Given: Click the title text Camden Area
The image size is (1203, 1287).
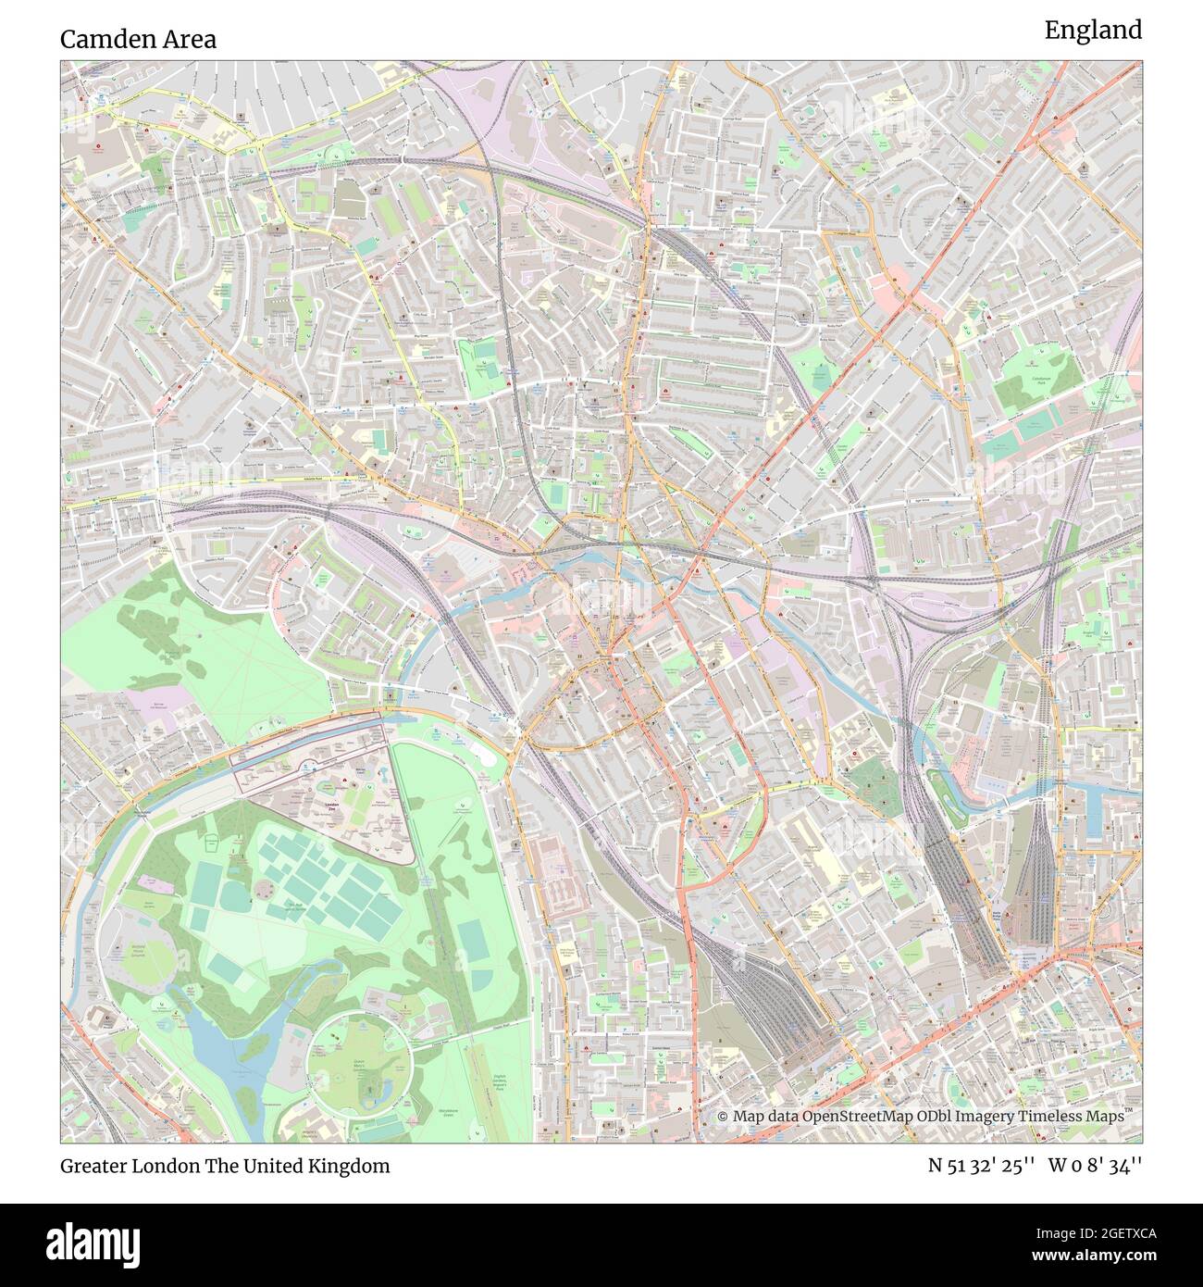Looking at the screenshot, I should (138, 39).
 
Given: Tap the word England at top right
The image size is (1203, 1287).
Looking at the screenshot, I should (1093, 31).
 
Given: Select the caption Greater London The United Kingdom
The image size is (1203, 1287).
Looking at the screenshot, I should (225, 1166).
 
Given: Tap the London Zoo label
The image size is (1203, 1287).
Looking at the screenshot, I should (334, 806).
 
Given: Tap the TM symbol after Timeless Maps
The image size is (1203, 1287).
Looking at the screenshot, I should (1130, 1112).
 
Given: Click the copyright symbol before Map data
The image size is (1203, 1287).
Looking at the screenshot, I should (723, 1117).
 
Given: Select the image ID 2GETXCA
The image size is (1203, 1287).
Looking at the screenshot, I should (1100, 1233).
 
